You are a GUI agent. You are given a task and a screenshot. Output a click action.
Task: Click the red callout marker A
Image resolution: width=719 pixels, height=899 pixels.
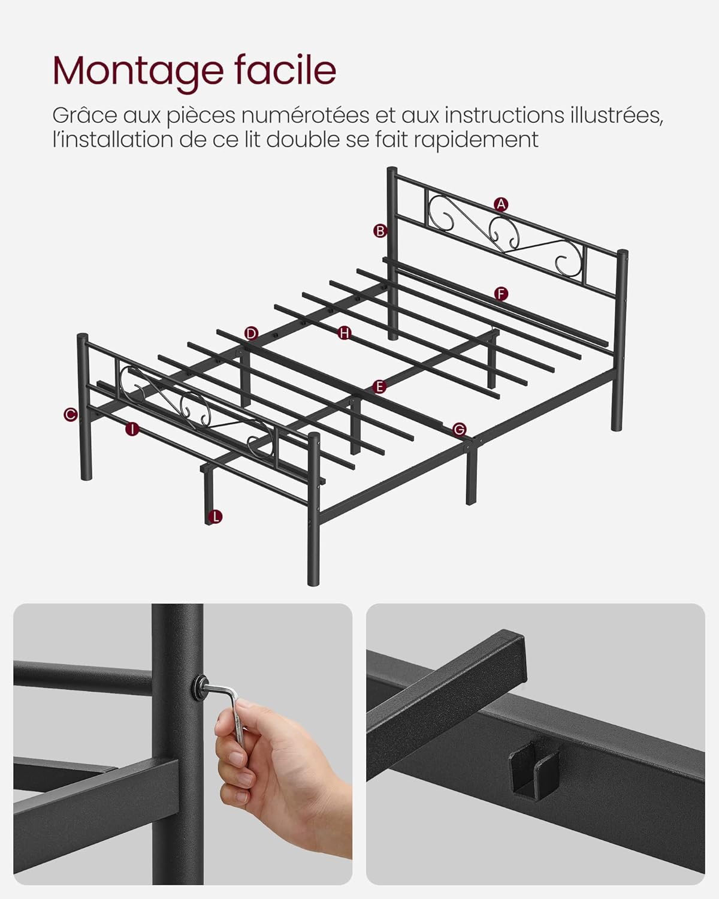[x=501, y=204]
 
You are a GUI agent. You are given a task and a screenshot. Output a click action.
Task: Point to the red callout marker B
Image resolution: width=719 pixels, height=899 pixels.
[x=380, y=231]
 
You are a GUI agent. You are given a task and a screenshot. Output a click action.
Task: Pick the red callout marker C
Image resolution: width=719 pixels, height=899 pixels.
[x=71, y=414]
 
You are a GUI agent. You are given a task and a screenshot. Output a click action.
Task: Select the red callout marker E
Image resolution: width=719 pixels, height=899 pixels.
[x=378, y=387]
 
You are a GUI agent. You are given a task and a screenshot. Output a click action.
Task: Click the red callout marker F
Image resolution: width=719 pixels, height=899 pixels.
[x=501, y=294]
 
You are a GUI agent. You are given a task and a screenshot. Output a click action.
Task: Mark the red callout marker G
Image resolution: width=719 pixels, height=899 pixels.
[x=459, y=429]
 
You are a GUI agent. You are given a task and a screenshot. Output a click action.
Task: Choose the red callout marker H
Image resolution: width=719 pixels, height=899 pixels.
[x=344, y=333]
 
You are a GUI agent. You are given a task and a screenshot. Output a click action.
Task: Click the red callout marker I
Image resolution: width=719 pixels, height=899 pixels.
[x=132, y=429]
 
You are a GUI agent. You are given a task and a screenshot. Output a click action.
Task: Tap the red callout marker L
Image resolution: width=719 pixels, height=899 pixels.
[x=215, y=516]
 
